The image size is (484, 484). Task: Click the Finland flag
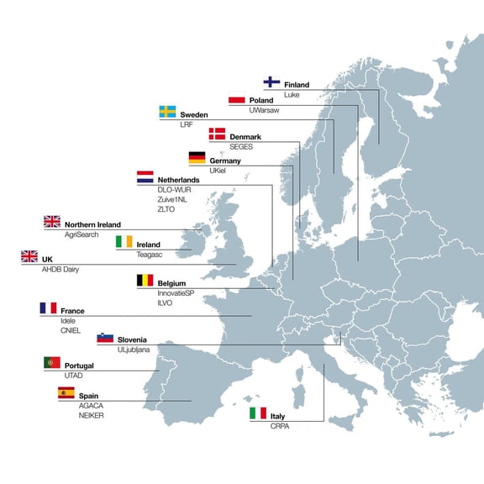point(271,82)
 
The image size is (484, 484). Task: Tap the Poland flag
point(237,99)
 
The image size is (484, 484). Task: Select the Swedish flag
point(167,113)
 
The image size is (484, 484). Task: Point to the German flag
point(197,158)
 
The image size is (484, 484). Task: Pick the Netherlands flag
point(145,178)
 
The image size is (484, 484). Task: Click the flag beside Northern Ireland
point(52,223)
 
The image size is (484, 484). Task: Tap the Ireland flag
point(124,243)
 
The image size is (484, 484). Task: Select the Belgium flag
point(145,281)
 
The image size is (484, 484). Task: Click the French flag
point(48,308)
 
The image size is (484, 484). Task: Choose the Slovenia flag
point(105,337)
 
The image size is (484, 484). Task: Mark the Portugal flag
point(52,364)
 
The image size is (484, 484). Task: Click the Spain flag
point(66,392)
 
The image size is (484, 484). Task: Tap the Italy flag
point(257,414)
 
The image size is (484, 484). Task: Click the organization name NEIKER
point(92,415)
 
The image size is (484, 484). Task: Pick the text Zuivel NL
point(174,200)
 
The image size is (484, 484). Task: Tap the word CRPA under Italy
point(280,427)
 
